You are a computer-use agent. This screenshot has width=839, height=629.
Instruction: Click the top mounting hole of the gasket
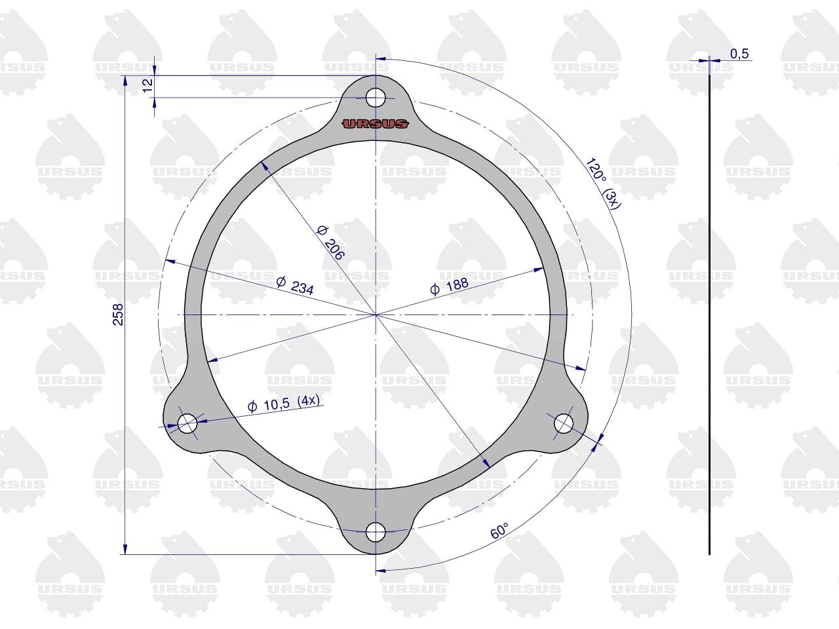[376, 98]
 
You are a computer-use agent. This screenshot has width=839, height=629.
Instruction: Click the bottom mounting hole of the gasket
[376, 532]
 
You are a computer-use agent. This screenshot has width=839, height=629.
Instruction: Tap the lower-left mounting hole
[187, 423]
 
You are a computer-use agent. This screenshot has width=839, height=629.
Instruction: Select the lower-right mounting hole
[564, 423]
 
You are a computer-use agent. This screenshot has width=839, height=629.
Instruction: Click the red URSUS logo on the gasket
[375, 124]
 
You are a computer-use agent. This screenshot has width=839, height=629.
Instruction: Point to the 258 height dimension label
[118, 314]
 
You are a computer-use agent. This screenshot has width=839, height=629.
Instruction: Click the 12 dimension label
[147, 85]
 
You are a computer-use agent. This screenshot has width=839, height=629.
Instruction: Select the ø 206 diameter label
[331, 243]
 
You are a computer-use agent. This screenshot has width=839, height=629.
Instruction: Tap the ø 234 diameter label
[295, 286]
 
